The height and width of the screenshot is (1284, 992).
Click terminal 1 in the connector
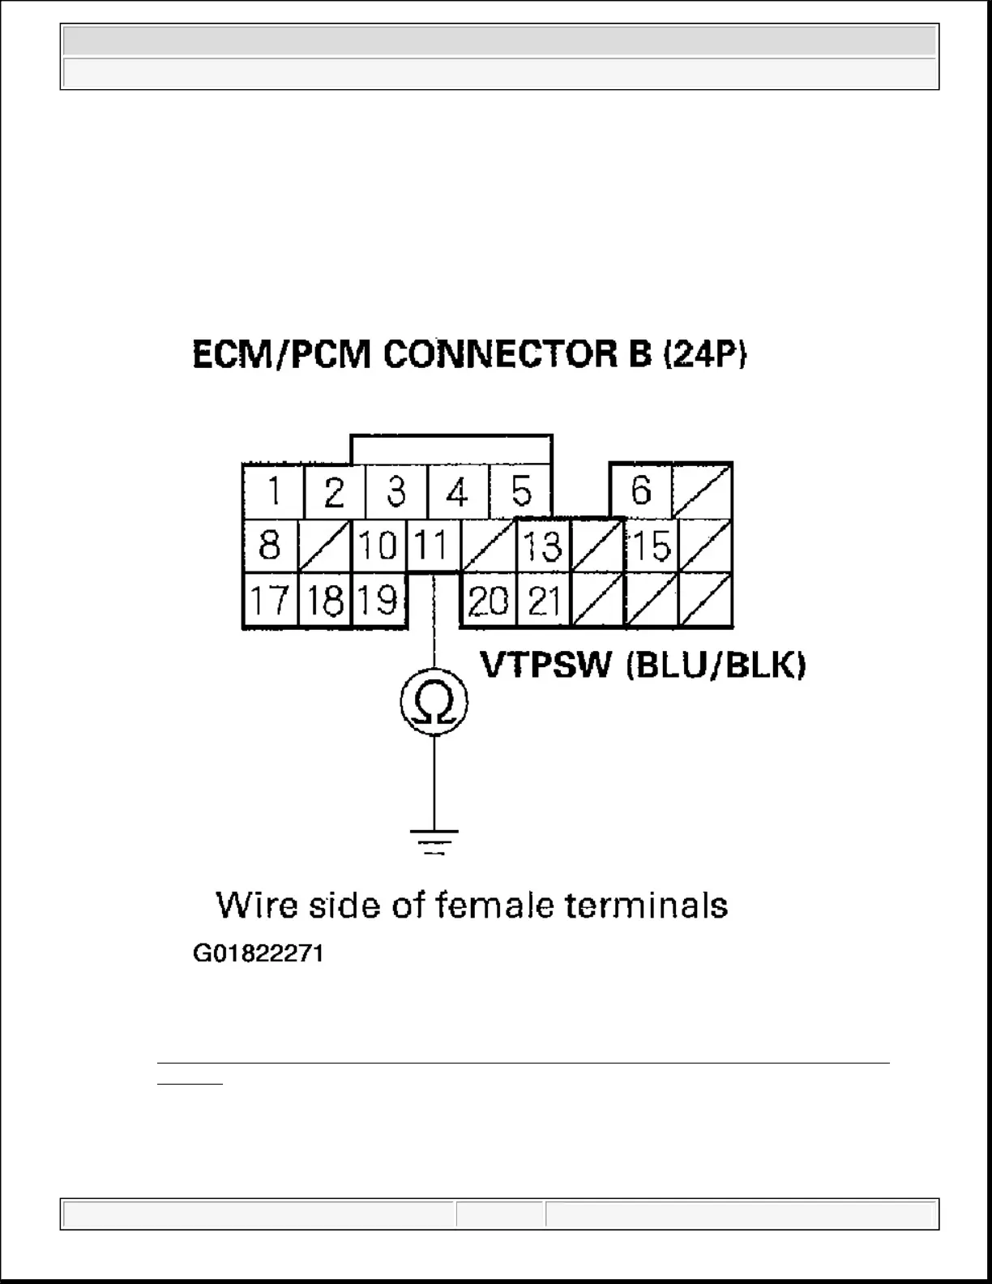click(x=273, y=491)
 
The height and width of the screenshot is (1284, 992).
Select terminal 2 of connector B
click(x=334, y=491)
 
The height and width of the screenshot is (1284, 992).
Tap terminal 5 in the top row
click(x=521, y=491)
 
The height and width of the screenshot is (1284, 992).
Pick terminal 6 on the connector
click(x=640, y=490)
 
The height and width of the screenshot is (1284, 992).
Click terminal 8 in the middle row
click(x=269, y=545)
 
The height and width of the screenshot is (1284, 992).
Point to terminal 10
click(x=377, y=545)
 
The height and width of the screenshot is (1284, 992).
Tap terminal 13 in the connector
click(x=543, y=546)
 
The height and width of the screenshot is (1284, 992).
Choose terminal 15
click(x=652, y=546)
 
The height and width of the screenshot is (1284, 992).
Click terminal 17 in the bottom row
click(x=269, y=601)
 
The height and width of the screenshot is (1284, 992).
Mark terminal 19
click(x=377, y=601)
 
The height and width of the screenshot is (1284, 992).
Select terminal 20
click(x=488, y=601)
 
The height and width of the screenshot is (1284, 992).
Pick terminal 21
click(x=544, y=601)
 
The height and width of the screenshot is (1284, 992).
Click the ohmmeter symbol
click(x=434, y=701)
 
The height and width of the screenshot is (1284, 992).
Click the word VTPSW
click(x=546, y=666)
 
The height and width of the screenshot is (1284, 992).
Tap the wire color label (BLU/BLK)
click(x=716, y=666)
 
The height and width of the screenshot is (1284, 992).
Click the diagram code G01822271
click(x=258, y=953)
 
